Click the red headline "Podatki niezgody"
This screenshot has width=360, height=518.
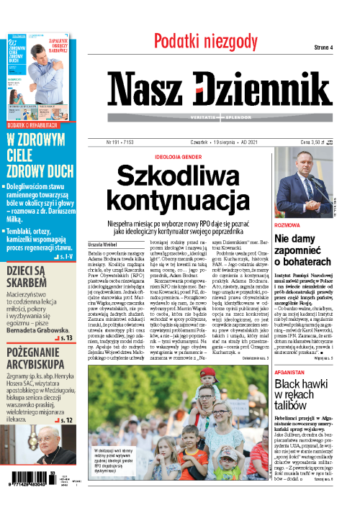coord(206,40)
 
